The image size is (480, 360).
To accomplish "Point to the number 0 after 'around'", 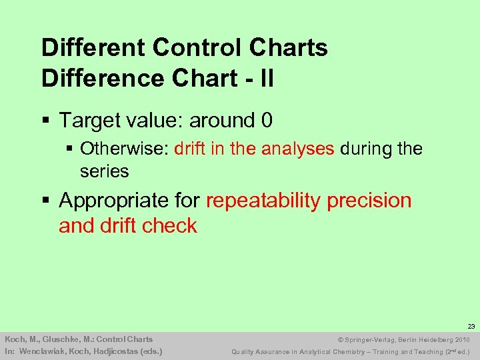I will tap(267, 121).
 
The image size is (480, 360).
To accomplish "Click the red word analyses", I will tap(297, 148).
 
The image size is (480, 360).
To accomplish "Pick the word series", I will tap(104, 171).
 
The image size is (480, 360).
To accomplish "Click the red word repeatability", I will tap(263, 200).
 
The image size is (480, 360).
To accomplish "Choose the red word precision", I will tap(370, 201).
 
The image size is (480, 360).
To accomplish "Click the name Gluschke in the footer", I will tap(56, 339).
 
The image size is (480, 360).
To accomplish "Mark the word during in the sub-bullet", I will tap(366, 148).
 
